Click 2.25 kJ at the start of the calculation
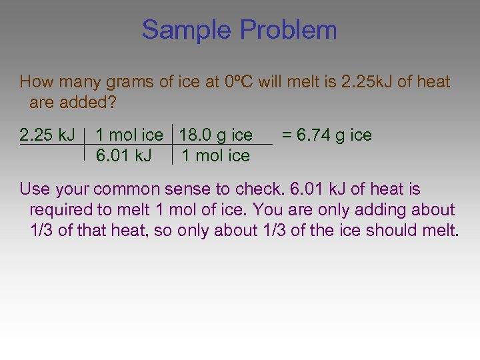coord(47,135)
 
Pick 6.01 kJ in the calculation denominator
coord(124,156)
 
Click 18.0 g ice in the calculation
coord(215,135)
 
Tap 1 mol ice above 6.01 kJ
coord(129,135)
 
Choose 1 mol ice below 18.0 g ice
coord(215,156)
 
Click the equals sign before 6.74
coord(287,135)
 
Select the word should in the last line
coord(399,231)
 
